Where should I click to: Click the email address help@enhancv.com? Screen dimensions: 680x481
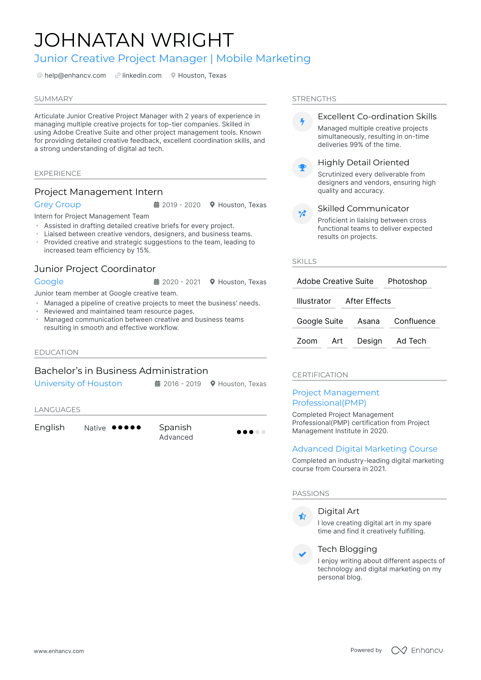(x=75, y=75)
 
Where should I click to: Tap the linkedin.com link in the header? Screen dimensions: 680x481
(x=142, y=75)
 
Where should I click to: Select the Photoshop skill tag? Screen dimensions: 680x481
(x=407, y=282)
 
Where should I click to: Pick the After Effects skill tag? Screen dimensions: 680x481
(x=368, y=301)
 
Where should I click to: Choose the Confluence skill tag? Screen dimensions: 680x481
(x=414, y=321)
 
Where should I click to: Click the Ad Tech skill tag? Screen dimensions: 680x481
(x=411, y=341)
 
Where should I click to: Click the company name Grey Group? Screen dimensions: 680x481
(x=58, y=205)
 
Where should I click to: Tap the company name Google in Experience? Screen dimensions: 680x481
(x=49, y=282)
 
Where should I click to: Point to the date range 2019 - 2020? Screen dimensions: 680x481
(x=181, y=205)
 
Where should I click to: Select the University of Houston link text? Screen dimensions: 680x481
(x=78, y=383)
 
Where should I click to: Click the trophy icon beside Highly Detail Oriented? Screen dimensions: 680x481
(x=302, y=168)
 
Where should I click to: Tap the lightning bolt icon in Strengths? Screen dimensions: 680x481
(x=302, y=122)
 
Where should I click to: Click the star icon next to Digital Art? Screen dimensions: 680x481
(x=302, y=516)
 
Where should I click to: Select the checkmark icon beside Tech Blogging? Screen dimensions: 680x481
(x=302, y=554)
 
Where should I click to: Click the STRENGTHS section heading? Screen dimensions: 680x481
(x=314, y=99)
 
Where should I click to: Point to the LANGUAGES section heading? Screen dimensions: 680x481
(x=57, y=410)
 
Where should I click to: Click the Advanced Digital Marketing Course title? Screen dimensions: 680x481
(x=365, y=449)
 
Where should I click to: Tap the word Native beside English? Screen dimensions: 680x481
(x=95, y=428)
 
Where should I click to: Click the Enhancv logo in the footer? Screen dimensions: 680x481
(x=417, y=650)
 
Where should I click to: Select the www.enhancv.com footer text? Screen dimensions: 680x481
(x=59, y=651)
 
